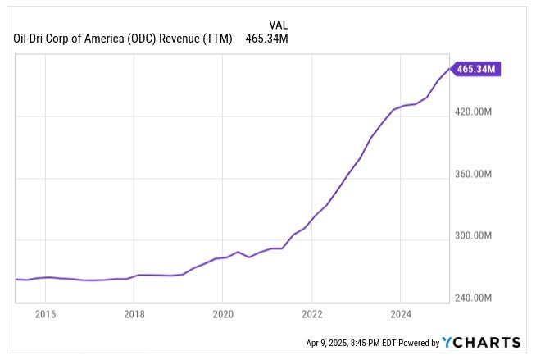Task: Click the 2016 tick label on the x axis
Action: coord(45,313)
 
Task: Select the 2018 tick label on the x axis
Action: coord(134,313)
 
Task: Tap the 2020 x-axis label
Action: coord(223,313)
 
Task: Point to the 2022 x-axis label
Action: coord(312,313)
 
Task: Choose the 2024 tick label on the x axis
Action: coord(402,313)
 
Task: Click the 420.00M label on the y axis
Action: coord(474,112)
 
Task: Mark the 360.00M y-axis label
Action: coord(474,175)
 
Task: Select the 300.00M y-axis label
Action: coord(474,236)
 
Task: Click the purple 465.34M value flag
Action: coord(475,69)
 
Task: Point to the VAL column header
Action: coord(279,24)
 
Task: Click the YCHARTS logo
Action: coord(481,342)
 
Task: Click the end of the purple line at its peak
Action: coord(450,69)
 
